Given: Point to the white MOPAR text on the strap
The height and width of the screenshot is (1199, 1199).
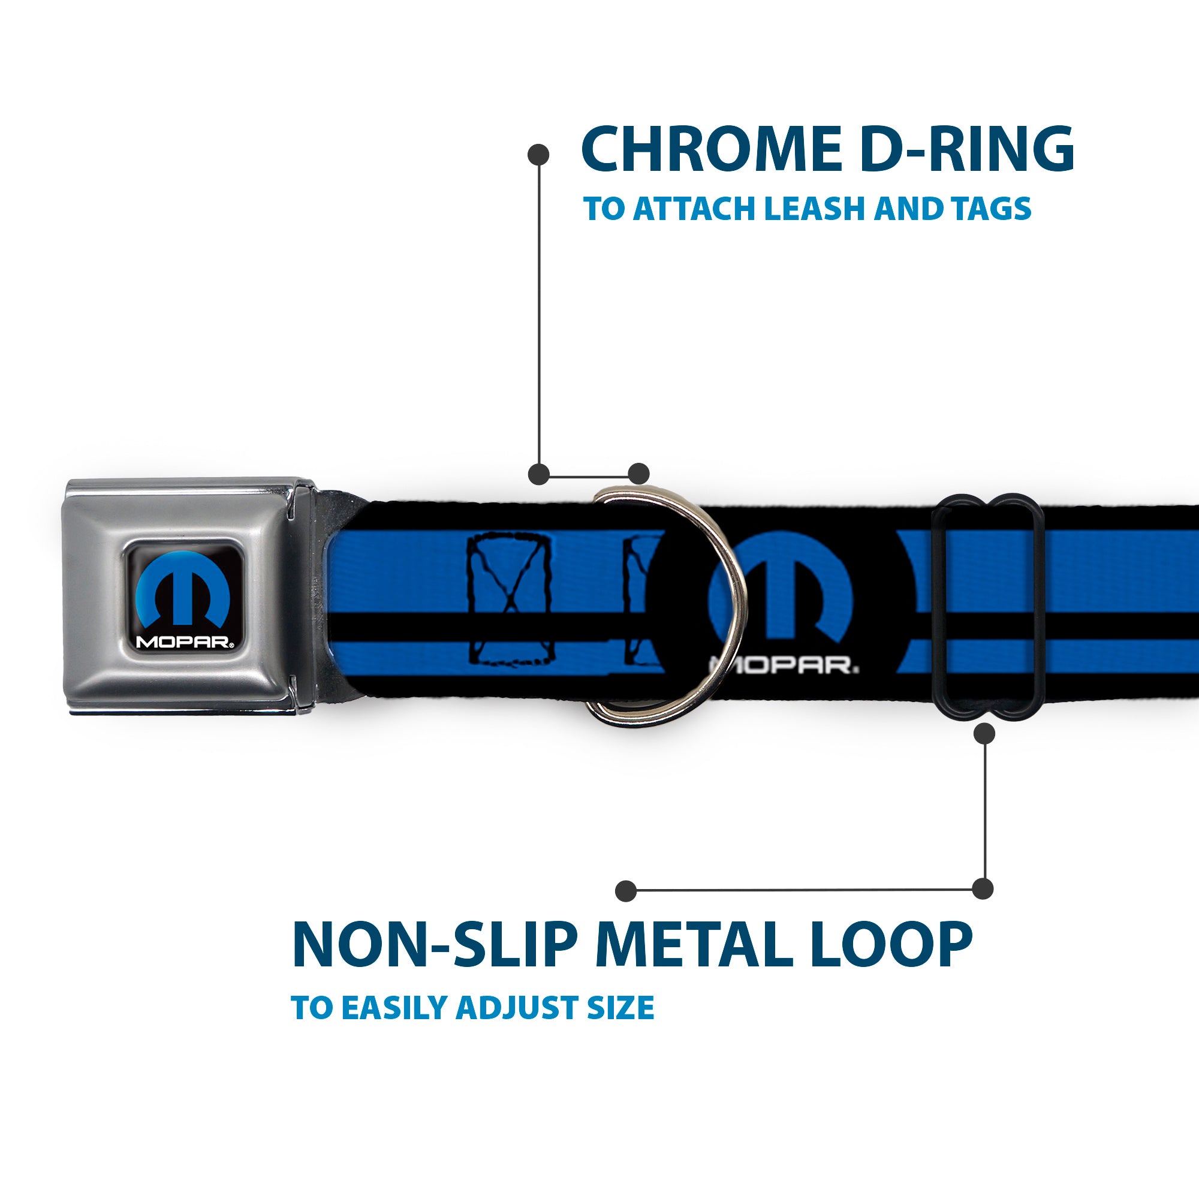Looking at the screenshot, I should (x=785, y=665).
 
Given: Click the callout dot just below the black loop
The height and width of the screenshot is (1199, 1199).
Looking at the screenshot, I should (x=984, y=734).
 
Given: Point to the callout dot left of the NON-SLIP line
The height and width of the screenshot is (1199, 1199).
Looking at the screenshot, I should (x=626, y=891).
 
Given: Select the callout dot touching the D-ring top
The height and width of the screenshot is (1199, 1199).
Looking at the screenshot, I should (x=638, y=474).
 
